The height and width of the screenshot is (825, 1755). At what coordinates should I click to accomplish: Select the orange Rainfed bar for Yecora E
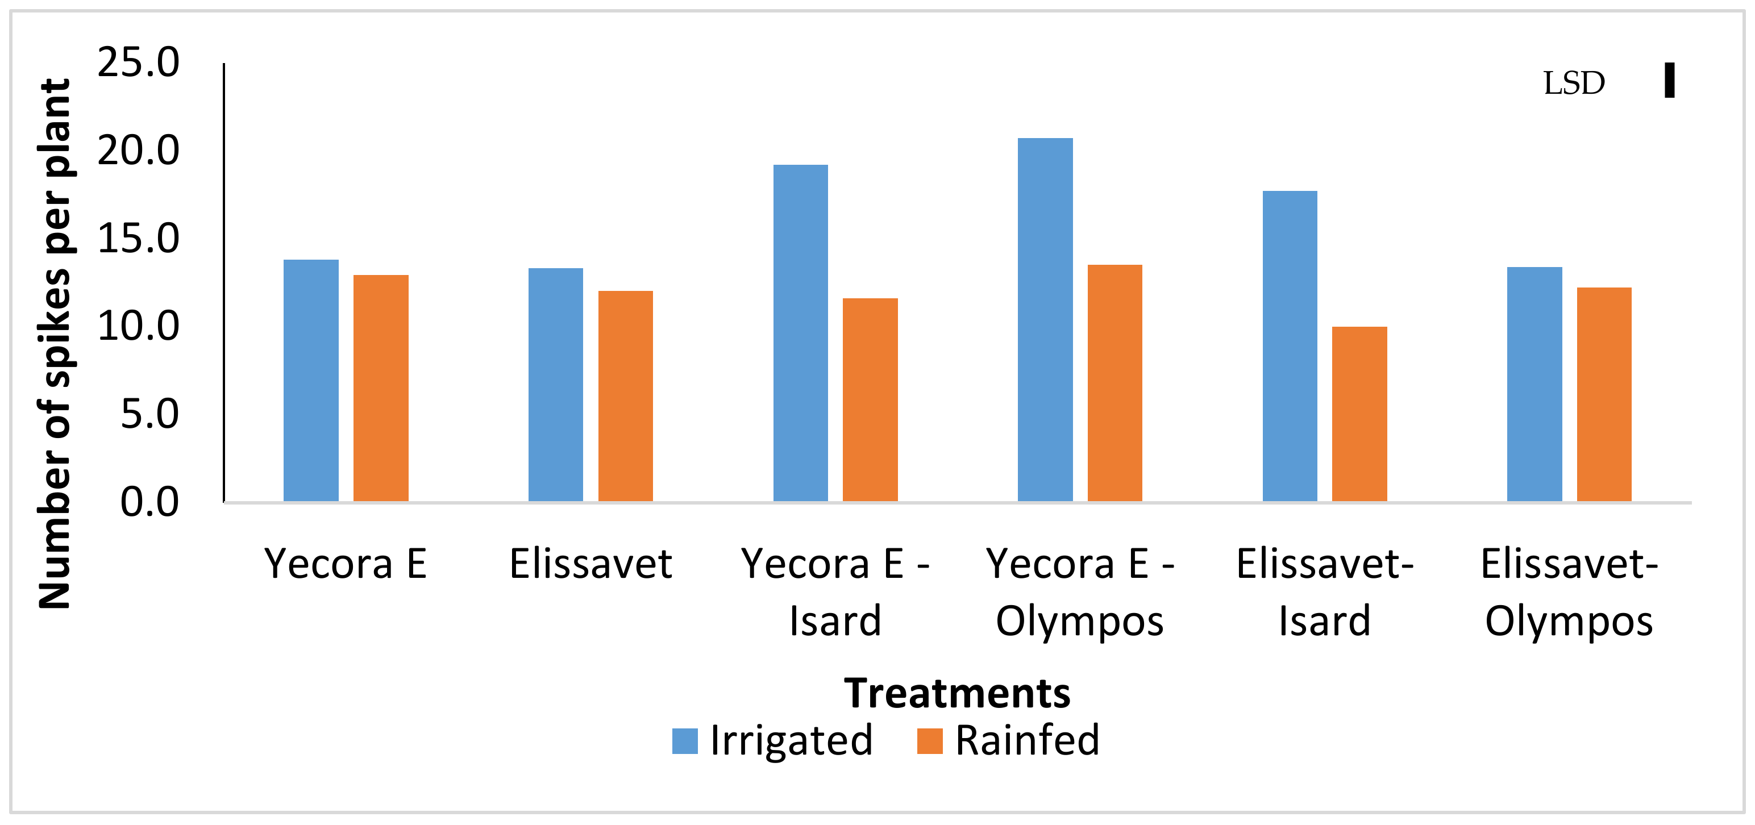[381, 388]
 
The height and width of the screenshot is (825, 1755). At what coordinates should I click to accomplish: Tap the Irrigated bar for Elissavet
[555, 385]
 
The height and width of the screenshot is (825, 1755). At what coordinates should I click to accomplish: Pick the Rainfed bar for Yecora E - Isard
[870, 400]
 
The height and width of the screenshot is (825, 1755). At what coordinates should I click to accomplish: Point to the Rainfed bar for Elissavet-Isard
[1359, 414]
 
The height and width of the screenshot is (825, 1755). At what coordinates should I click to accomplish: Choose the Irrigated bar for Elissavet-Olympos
[1534, 384]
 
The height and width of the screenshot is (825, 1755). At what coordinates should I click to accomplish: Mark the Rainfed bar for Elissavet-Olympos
[1604, 394]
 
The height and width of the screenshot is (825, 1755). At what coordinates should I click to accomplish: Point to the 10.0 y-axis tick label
[138, 326]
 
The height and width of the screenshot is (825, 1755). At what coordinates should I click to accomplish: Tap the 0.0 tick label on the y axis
[149, 502]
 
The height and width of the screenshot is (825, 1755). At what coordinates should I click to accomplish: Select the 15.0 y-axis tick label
[138, 239]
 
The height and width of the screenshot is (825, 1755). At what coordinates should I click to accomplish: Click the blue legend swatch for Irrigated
[685, 741]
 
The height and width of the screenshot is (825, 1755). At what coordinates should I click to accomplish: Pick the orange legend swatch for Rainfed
[929, 741]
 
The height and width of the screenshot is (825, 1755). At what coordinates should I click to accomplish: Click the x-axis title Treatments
[956, 694]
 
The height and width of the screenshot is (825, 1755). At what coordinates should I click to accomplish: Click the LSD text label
[1574, 83]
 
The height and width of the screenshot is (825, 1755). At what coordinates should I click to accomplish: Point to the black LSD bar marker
[1669, 80]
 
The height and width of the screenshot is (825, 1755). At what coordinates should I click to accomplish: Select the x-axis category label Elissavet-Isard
[1324, 592]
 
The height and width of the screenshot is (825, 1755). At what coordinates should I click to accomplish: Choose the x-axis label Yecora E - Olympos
[1080, 592]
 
